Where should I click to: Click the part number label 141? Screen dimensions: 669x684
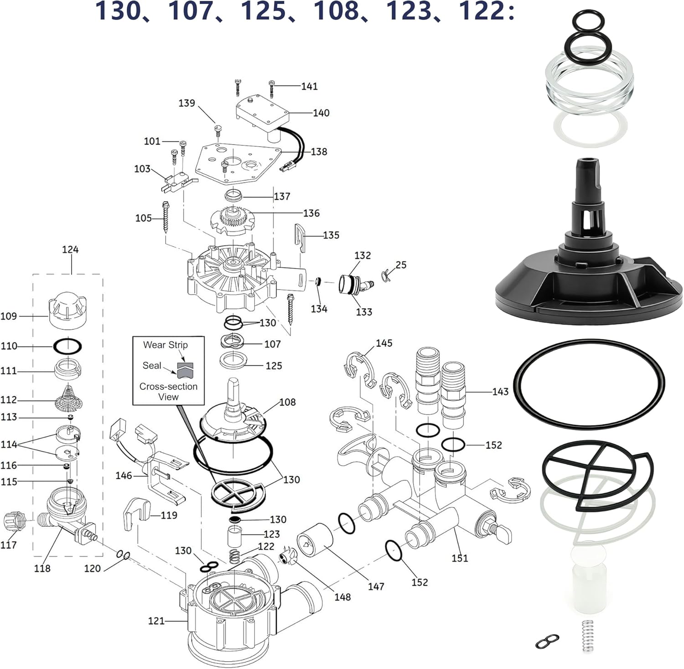click(x=309, y=86)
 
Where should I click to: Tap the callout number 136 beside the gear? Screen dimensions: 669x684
click(x=311, y=213)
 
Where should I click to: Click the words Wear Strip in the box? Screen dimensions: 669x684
click(x=165, y=345)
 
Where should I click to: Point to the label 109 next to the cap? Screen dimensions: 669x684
click(x=9, y=316)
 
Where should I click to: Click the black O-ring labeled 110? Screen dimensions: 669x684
click(x=67, y=346)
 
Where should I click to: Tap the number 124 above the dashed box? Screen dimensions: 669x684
click(x=70, y=249)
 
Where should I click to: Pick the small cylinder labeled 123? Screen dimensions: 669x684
click(x=235, y=535)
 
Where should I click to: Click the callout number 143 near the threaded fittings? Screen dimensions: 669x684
click(x=500, y=392)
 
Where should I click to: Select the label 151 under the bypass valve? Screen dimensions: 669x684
click(x=460, y=558)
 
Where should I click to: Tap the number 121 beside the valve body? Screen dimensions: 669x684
click(x=156, y=621)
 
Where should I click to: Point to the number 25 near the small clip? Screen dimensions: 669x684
click(x=401, y=265)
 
